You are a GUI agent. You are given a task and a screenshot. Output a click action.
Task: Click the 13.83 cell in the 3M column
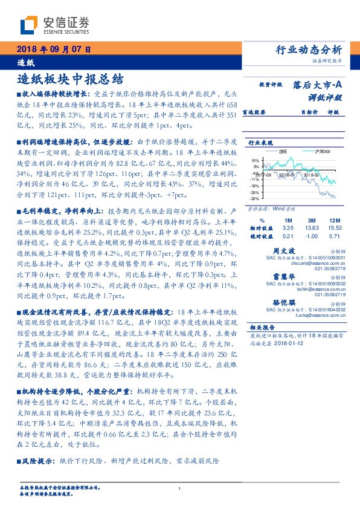coord(313,227)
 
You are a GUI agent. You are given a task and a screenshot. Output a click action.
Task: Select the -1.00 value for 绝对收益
coord(313,236)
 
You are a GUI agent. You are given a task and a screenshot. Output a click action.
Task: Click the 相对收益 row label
coord(262,227)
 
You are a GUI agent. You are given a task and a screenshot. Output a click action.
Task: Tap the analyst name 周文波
coord(284,249)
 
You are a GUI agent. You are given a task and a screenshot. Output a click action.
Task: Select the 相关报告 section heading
coord(262,326)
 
